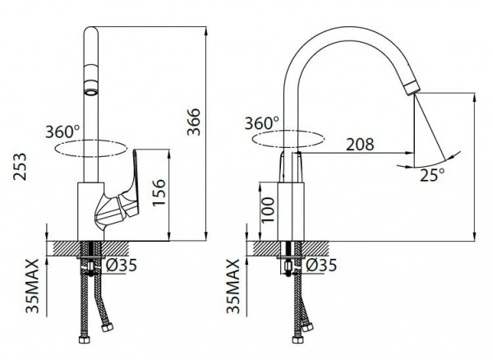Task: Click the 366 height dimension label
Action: pyautogui.click(x=194, y=122)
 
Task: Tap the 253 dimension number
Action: pyautogui.click(x=20, y=167)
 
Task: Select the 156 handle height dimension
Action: pyautogui.click(x=159, y=192)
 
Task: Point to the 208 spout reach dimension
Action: pyautogui.click(x=360, y=145)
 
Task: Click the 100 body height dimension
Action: pyautogui.click(x=268, y=210)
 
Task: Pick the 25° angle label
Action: pyautogui.click(x=433, y=174)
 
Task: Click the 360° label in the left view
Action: pyautogui.click(x=62, y=132)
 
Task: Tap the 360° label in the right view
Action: pyautogui.click(x=261, y=123)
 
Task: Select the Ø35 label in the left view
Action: pyautogui.click(x=122, y=265)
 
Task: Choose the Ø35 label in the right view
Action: pyautogui.click(x=321, y=265)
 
